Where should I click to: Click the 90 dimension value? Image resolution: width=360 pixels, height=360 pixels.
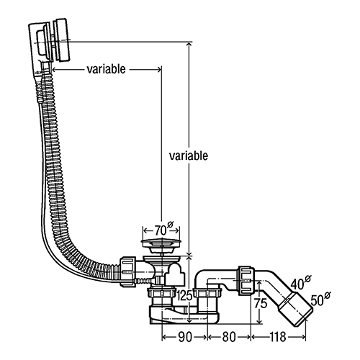coord(185,337)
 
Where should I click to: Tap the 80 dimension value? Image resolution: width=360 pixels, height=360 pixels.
coord(229,337)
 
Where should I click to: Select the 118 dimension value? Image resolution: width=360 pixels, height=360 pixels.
coord(278,337)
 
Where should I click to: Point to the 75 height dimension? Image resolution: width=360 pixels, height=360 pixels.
coord(261,303)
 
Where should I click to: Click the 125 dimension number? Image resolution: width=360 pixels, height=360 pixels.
coord(184,295)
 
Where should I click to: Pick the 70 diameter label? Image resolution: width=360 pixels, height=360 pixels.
coord(163,229)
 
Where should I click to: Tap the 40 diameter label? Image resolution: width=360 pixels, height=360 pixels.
coord(300,283)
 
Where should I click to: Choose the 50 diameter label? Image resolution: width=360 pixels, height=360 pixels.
coord(320,299)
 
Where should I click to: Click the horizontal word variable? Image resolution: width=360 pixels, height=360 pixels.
coord(106,69)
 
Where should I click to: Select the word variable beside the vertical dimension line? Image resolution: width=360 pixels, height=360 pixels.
coord(189,156)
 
